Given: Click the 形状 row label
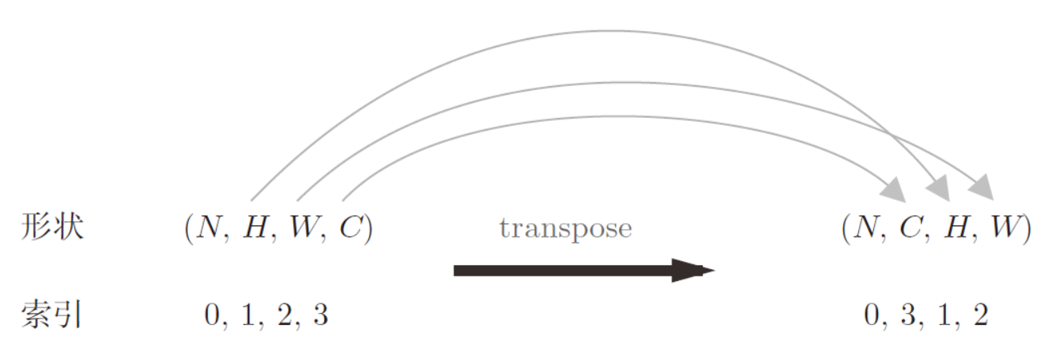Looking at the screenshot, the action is tap(53, 227).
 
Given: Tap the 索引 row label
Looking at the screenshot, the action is tap(52, 314).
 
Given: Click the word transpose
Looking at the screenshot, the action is tap(566, 229).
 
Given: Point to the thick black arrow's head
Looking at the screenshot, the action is tap(693, 271).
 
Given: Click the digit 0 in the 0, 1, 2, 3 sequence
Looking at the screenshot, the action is tap(212, 315).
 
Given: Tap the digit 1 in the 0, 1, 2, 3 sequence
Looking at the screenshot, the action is tap(248, 315).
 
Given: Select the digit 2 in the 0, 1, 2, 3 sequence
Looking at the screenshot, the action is tap(284, 315).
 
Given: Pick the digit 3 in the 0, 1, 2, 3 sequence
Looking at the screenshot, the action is tap(320, 315).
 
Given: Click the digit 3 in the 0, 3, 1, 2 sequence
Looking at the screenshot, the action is tap(908, 315).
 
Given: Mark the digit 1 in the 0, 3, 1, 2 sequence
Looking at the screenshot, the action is tap(944, 315).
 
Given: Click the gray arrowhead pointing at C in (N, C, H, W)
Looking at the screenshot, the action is tap(894, 190).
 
